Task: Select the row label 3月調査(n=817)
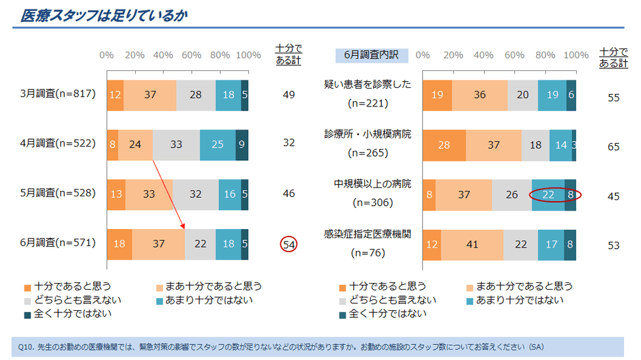click(x=58, y=93)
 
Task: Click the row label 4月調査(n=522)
click(x=58, y=143)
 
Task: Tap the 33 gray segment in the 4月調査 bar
click(x=176, y=144)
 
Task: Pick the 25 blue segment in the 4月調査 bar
click(x=217, y=144)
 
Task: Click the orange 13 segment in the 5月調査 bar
click(x=116, y=194)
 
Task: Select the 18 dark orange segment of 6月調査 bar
click(x=119, y=243)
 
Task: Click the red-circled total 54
click(x=288, y=243)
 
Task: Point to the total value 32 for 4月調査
click(x=288, y=144)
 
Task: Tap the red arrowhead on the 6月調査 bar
click(x=183, y=227)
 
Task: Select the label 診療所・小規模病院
click(x=368, y=134)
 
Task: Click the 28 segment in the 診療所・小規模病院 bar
click(x=444, y=145)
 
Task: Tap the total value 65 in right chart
click(x=613, y=145)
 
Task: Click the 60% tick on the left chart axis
click(x=192, y=55)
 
